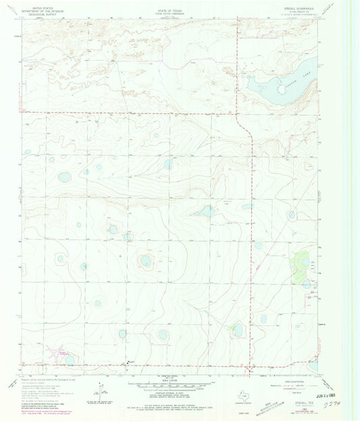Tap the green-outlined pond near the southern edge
coord(237,329)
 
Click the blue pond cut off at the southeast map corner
coord(311,365)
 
